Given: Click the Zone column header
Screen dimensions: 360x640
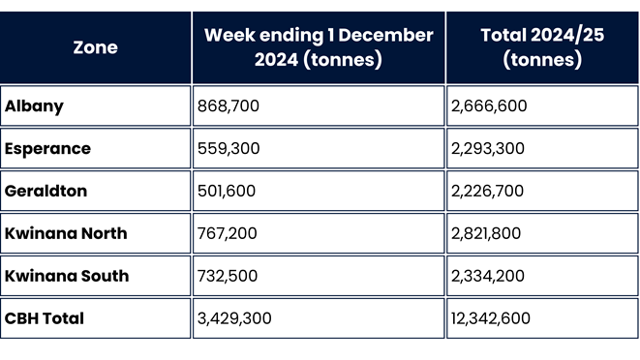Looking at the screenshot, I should (x=95, y=47).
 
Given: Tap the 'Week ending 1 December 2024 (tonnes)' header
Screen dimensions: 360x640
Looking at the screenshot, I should (x=319, y=47).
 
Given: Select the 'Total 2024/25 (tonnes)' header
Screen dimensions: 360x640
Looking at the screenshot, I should (x=543, y=47).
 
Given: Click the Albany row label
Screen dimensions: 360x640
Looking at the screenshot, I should (x=35, y=106).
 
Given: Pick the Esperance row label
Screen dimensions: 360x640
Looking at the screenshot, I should (x=47, y=149).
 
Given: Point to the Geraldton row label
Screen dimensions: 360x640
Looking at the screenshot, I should (x=46, y=191).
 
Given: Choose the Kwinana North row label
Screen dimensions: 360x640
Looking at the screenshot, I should (x=66, y=233).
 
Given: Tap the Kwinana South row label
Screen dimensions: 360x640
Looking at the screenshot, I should (x=67, y=276).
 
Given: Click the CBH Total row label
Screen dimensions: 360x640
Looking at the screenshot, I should (x=45, y=318).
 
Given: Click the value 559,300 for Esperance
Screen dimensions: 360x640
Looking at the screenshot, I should (x=228, y=149).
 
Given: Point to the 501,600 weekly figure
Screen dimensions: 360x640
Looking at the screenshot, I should (x=227, y=191).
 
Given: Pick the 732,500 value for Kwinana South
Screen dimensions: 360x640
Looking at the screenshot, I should (x=228, y=276).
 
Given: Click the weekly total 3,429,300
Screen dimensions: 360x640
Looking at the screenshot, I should (x=235, y=318).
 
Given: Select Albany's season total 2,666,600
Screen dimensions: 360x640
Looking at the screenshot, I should (x=489, y=106).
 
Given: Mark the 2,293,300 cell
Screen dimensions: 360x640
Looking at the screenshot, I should (x=489, y=149).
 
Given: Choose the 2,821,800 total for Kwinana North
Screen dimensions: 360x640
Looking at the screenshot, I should (x=489, y=233).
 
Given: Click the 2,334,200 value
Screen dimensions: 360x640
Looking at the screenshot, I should (x=489, y=276).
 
